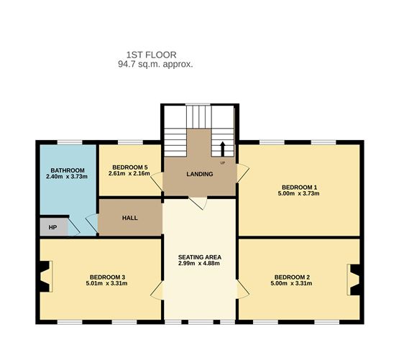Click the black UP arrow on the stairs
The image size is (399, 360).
click(222, 149)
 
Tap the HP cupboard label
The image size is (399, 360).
click(52, 227)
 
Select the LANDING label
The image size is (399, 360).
click(200, 174)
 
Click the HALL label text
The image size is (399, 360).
click(130, 218)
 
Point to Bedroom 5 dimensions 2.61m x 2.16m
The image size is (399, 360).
click(129, 174)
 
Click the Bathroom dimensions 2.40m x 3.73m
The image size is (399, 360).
click(67, 176)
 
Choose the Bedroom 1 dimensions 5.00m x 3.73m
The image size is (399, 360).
click(299, 193)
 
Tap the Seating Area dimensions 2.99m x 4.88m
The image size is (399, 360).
click(199, 263)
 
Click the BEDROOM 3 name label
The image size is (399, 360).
click(107, 277)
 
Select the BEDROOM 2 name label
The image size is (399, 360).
click(292, 277)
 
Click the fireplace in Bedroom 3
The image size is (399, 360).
click(46, 277)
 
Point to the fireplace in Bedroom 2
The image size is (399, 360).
click(353, 280)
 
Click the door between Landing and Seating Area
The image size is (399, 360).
click(198, 203)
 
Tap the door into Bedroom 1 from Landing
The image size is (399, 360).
click(242, 173)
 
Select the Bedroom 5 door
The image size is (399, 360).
click(157, 182)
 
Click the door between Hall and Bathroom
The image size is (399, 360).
click(92, 223)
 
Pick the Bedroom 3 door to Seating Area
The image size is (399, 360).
click(157, 290)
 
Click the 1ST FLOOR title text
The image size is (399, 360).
click(152, 55)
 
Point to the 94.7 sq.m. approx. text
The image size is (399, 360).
click(155, 64)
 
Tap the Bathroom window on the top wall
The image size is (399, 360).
click(70, 142)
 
